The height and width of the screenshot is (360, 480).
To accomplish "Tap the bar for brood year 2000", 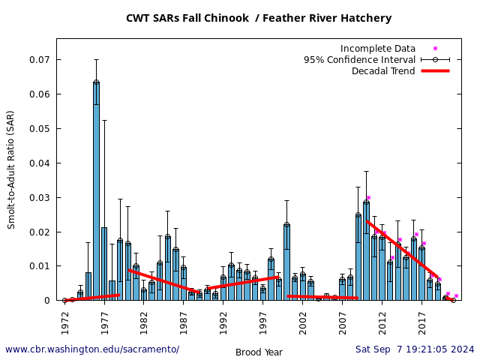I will pos(286,262).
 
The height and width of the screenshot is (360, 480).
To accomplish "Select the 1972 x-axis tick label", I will pos(64,322).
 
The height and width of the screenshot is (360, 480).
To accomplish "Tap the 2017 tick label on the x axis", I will pos(422,322).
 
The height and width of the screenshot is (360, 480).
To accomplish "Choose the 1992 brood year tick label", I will pos(223,322).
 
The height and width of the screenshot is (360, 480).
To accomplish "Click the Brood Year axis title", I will pos(259,352).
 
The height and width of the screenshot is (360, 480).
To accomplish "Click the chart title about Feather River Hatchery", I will pos(259,18).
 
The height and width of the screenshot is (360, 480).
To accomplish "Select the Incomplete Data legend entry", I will pos(377,49).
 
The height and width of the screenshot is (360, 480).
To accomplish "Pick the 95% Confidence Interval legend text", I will pos(359,60).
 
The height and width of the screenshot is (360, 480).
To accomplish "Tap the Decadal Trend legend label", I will pos(383,71).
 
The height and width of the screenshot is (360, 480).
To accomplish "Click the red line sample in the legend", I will pos(435,71).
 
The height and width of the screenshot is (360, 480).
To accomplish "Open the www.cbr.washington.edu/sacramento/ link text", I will pos(92,349).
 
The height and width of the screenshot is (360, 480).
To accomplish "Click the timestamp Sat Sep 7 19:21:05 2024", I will pos(415,349).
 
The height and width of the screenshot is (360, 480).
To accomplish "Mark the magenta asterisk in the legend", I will pos(435,49).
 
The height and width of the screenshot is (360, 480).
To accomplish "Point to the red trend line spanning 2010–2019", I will pos(401,248).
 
